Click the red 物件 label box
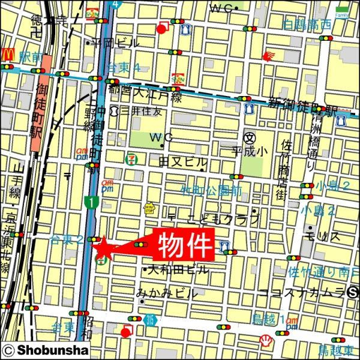point(185,244)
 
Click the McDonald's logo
point(8,53)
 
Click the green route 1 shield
point(89,203)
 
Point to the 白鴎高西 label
point(307,25)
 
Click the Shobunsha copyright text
point(46,350)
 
